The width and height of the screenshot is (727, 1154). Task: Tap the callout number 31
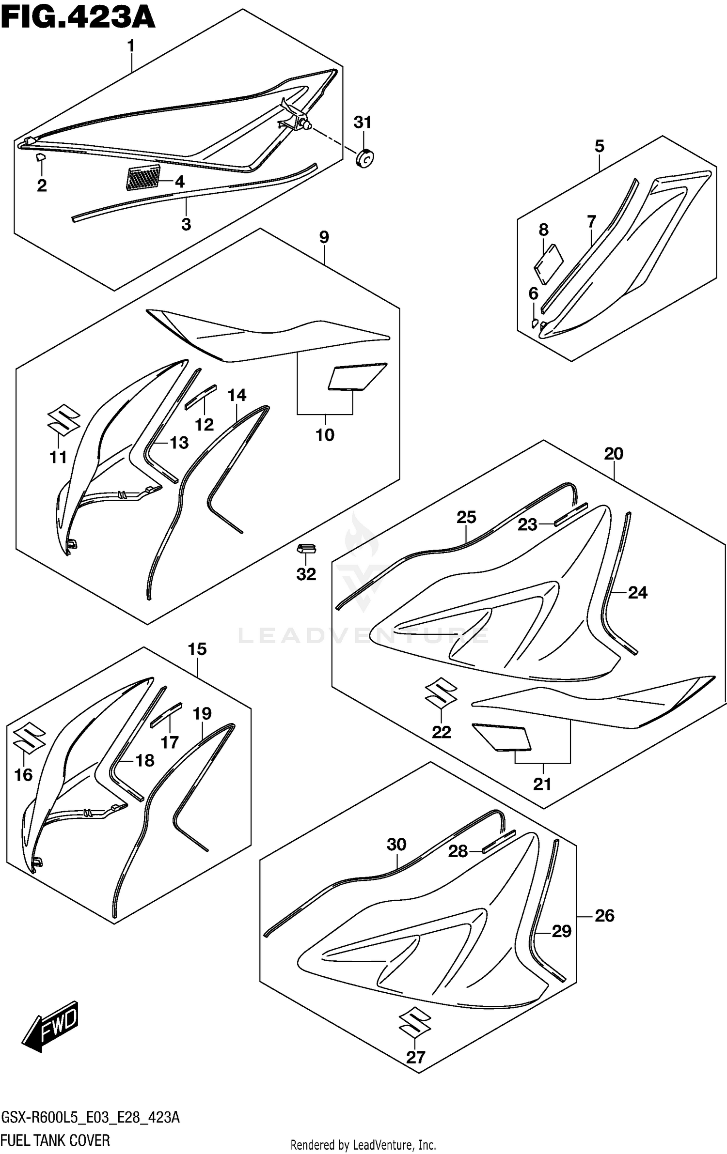(x=362, y=123)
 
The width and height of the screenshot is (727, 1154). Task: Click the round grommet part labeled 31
(x=364, y=158)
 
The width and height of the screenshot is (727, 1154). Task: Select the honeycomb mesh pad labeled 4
(x=142, y=177)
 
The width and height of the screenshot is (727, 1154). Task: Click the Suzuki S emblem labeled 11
(x=63, y=418)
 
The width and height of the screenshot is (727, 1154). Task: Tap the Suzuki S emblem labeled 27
(x=415, y=1025)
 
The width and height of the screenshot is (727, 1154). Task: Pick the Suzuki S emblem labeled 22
(x=441, y=693)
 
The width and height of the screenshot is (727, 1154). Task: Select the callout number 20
(x=614, y=454)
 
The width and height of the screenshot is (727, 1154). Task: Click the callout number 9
(x=324, y=237)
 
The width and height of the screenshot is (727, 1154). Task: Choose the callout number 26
(x=604, y=915)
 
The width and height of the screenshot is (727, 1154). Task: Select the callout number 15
(x=197, y=649)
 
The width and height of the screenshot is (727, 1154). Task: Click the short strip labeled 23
(x=570, y=514)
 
